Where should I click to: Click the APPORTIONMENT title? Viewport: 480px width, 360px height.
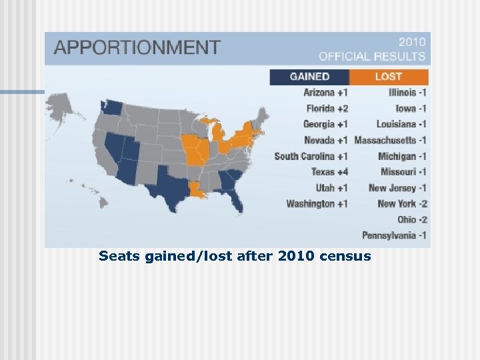(137, 48)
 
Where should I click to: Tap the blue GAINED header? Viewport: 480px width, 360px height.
(309, 77)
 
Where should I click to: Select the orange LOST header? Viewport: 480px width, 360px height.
(389, 77)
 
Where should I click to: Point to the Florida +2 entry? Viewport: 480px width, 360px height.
(327, 108)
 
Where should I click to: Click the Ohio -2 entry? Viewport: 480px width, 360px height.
(412, 219)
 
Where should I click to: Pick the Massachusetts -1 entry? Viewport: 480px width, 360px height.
(390, 140)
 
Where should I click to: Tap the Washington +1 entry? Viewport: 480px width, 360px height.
(317, 203)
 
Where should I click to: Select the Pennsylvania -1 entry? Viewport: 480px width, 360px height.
(395, 235)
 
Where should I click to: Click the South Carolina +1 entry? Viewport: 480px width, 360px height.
(311, 156)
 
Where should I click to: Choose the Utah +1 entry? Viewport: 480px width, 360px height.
(331, 188)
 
